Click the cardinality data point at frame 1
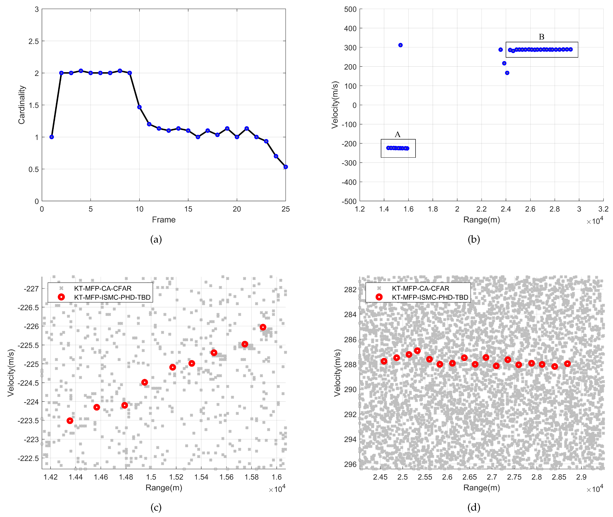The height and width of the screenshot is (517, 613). coord(52,137)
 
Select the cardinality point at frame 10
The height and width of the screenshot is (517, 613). coord(139,107)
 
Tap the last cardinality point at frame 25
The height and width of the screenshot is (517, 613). coord(286,167)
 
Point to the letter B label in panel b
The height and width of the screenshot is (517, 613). coord(541,37)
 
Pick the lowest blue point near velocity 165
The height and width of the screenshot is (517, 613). coord(507,73)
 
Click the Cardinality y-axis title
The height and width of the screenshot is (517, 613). coord(22,105)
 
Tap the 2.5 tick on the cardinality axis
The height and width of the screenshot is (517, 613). coord(33,41)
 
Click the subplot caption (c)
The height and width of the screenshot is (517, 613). coord(156,507)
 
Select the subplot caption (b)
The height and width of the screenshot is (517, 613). coord(473,239)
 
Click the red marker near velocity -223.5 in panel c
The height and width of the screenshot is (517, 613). coord(70,421)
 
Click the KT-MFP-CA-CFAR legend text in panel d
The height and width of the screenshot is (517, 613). coord(420,288)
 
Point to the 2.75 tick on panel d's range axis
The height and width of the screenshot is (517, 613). coord(514,477)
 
